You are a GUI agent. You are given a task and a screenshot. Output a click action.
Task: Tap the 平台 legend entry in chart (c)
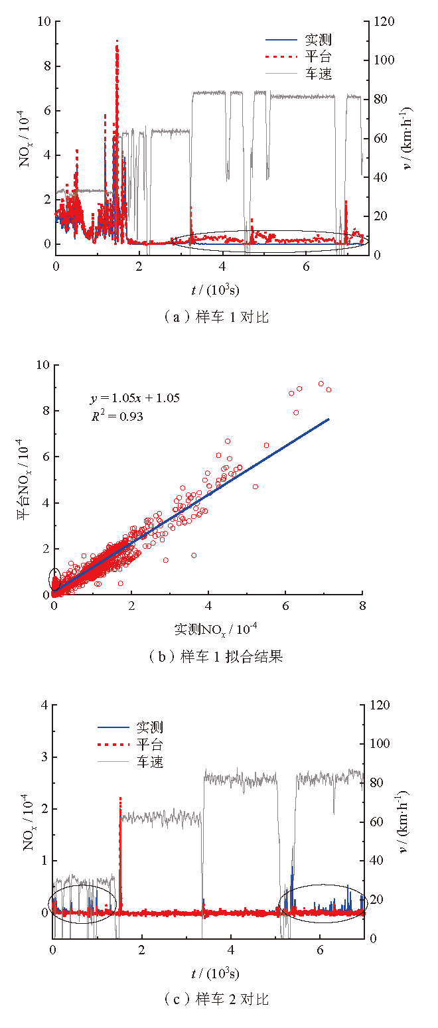click(x=149, y=744)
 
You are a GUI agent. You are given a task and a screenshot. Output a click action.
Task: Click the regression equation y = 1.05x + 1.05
click(x=135, y=398)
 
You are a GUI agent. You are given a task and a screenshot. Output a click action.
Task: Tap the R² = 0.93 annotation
click(x=117, y=417)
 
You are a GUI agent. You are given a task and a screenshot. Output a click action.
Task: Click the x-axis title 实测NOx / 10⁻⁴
click(x=209, y=627)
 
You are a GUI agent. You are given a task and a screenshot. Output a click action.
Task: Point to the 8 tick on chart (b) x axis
click(x=362, y=606)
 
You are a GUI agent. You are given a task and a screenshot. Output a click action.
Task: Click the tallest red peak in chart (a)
click(x=117, y=42)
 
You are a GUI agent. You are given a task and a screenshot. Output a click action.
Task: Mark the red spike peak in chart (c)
click(x=120, y=798)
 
